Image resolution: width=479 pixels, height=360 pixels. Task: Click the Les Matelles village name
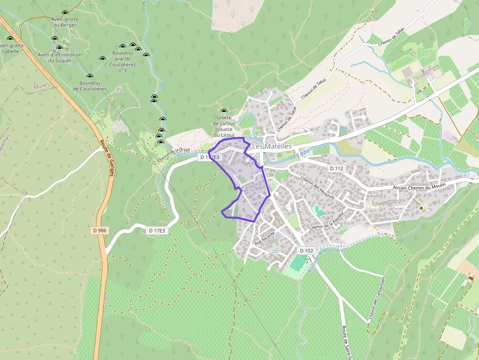click(x=272, y=147)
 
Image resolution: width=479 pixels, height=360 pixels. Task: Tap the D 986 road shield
click(x=100, y=230)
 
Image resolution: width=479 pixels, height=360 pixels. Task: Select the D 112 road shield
click(x=337, y=168)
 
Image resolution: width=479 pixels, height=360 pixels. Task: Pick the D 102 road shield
click(x=306, y=251)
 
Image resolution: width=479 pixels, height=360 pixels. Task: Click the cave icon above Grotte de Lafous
click(x=224, y=111)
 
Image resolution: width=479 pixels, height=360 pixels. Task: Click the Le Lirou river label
click(x=301, y=155)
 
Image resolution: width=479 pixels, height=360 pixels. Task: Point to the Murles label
click(x=42, y=86)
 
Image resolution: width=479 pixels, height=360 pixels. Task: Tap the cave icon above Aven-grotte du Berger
click(x=65, y=13)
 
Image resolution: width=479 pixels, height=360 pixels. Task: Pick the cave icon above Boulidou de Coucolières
click(x=89, y=76)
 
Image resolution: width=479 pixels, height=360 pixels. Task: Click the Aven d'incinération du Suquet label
click(x=60, y=58)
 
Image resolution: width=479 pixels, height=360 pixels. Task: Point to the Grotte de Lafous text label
click(x=224, y=126)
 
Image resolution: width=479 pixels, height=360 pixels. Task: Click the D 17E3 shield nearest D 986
click(x=156, y=230)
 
